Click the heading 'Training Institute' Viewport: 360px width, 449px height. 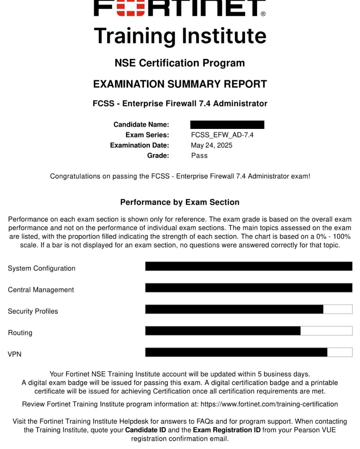(180, 36)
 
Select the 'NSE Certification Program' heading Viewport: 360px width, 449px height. (180, 63)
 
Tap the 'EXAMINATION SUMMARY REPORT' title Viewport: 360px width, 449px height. (180, 84)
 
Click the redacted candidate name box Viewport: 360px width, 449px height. (227, 125)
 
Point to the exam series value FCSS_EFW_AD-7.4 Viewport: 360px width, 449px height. (222, 135)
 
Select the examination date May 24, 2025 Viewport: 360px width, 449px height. (211, 145)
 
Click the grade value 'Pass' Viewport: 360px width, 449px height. (199, 156)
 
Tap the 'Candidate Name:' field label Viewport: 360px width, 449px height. (141, 125)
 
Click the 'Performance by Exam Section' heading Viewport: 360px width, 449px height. (180, 202)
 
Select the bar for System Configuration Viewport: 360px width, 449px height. (249, 266)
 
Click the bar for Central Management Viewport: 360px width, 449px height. (249, 288)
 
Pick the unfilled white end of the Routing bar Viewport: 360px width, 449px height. (326, 331)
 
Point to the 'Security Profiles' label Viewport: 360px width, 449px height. (33, 311)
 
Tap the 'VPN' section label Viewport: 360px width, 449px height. (15, 354)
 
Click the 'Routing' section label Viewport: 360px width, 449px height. (20, 333)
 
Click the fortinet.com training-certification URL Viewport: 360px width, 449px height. (269, 404)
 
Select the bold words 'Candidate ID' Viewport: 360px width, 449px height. (145, 430)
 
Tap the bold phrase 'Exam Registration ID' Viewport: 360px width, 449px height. (227, 430)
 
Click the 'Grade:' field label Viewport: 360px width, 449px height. (158, 156)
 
